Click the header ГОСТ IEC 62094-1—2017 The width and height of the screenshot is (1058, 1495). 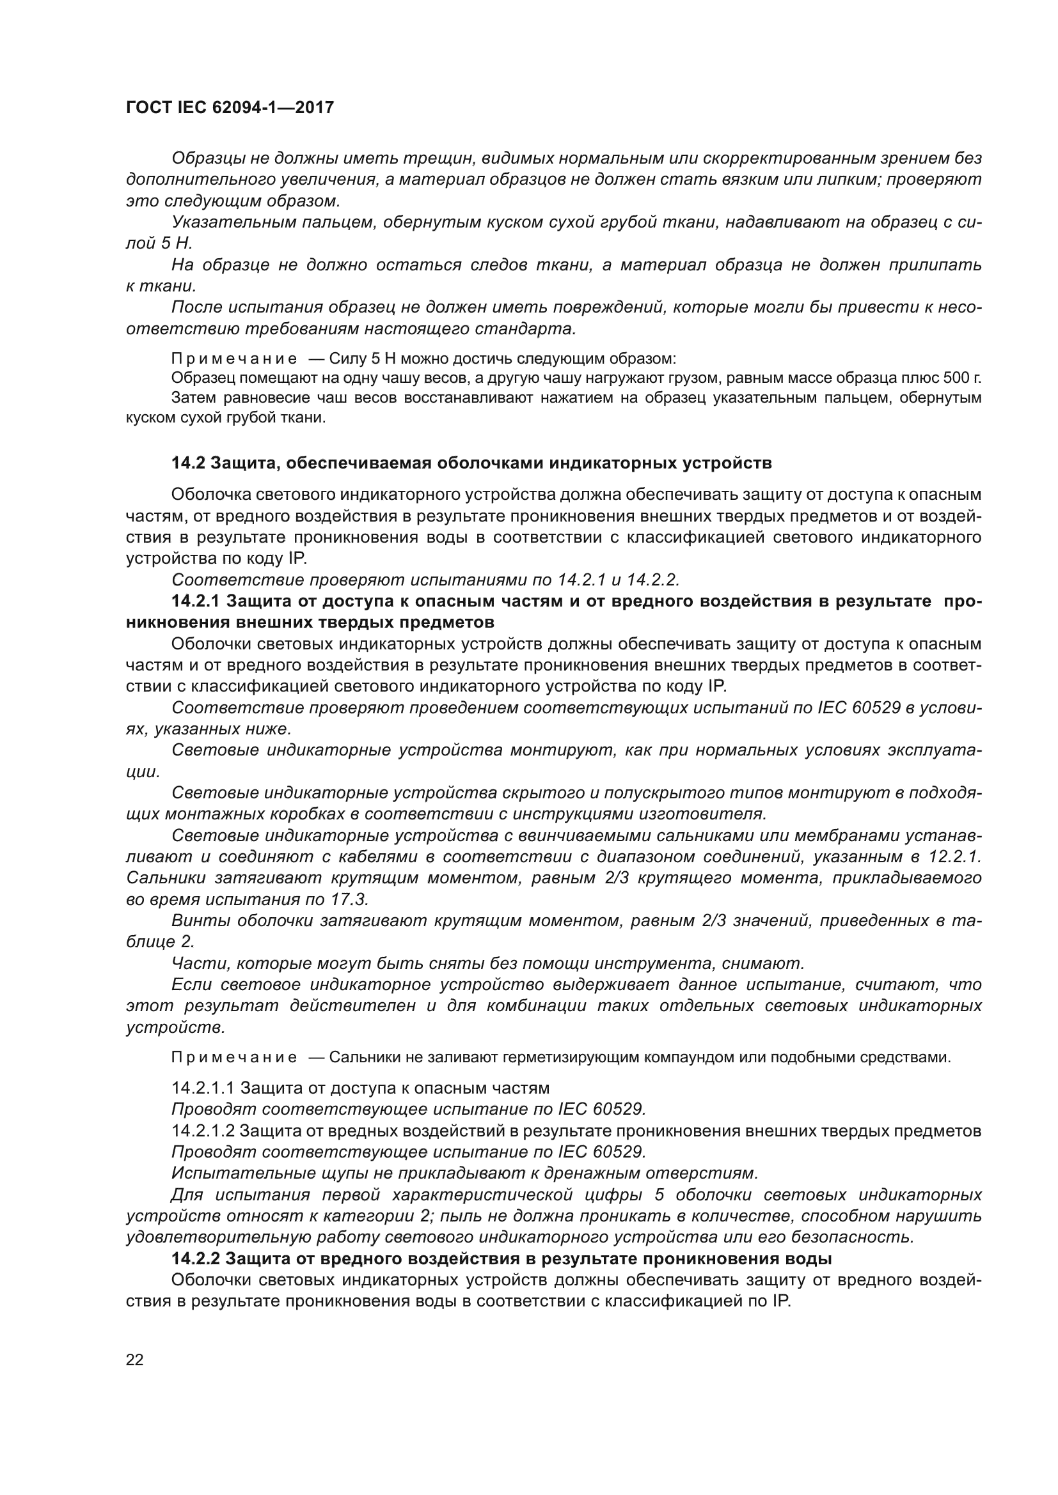tap(230, 107)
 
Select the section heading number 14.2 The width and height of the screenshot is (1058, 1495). tap(188, 463)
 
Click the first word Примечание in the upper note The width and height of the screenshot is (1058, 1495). tap(234, 359)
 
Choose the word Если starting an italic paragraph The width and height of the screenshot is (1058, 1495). tap(191, 984)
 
